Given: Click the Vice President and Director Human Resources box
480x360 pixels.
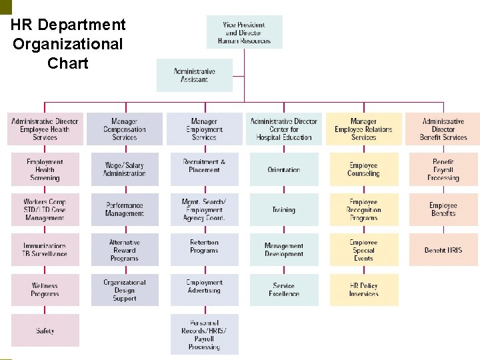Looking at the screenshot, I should click(244, 32).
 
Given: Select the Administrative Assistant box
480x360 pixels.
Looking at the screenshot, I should click(195, 75).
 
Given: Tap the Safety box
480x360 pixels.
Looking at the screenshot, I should click(45, 331).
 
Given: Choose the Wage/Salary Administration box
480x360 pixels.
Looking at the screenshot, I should click(125, 169).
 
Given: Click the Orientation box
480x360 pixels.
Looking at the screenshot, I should click(284, 169).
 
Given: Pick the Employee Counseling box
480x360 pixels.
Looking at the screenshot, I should click(363, 169).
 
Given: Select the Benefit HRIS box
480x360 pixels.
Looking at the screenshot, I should click(443, 250).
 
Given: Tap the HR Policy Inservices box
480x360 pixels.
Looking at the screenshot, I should click(363, 290).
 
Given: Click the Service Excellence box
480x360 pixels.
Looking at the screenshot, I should click(284, 290).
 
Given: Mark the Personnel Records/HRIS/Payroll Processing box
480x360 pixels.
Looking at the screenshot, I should click(204, 335).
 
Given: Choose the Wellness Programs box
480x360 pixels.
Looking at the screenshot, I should click(45, 290).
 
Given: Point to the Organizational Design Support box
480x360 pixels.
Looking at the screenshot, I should click(125, 290).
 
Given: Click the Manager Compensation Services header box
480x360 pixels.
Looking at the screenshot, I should click(125, 129).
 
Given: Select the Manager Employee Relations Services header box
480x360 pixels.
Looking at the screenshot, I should click(363, 129).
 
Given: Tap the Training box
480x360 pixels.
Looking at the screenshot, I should click(284, 209).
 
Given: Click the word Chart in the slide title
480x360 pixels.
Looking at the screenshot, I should click(68, 63).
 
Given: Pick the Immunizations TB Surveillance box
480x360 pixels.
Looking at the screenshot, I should click(45, 250).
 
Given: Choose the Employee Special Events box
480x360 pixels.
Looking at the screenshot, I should click(363, 250).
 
